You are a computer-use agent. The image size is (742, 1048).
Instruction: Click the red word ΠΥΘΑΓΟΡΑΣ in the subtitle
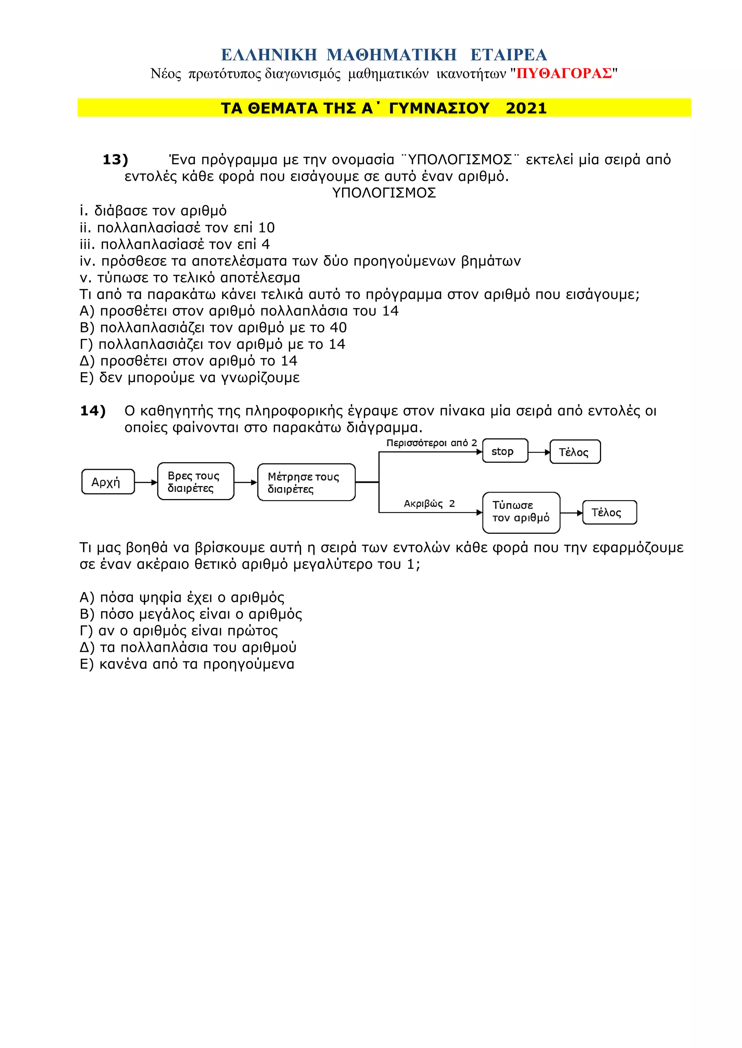coord(564,73)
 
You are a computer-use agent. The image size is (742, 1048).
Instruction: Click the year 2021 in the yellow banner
coord(526,108)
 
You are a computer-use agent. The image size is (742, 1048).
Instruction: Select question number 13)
coord(115,160)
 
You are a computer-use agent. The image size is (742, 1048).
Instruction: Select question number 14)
coord(93,411)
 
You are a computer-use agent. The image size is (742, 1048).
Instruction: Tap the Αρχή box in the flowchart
coord(108,482)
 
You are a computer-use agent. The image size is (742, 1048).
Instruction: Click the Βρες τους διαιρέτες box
coord(196,482)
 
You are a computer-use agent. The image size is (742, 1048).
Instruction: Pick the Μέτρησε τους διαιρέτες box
coord(306,482)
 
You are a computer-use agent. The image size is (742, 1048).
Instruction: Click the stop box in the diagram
coord(505,451)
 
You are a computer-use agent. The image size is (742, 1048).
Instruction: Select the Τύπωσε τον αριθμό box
coord(521,512)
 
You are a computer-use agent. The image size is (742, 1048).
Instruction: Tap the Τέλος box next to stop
coord(575,452)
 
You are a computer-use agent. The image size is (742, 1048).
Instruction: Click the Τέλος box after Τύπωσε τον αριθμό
coord(609,512)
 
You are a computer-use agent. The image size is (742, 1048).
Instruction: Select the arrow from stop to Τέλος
coord(539,452)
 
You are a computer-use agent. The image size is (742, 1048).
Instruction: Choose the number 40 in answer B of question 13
coord(338,328)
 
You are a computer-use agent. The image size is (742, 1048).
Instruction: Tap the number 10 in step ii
coord(266,228)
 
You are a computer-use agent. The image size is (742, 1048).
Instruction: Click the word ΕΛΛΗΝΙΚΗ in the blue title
coord(269,55)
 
